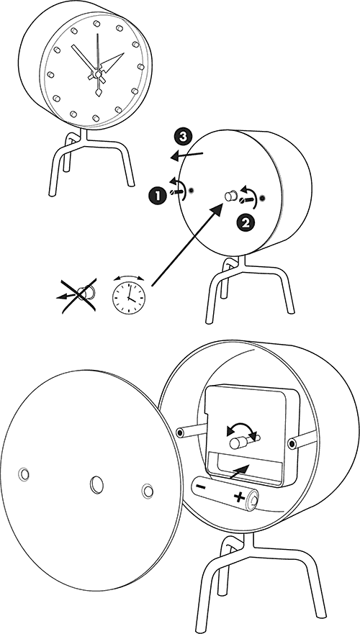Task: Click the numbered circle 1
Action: pyautogui.click(x=158, y=196)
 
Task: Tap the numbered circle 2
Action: pyautogui.click(x=245, y=222)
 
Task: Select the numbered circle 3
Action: pyautogui.click(x=183, y=137)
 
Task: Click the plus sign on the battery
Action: pyautogui.click(x=239, y=496)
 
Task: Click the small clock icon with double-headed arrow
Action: pyautogui.click(x=129, y=295)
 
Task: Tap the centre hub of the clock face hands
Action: pyautogui.click(x=97, y=74)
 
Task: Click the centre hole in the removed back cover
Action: pyautogui.click(x=96, y=484)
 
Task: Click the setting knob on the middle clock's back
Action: pyautogui.click(x=230, y=196)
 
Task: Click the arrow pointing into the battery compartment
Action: pyautogui.click(x=240, y=471)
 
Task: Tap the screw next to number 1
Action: pyautogui.click(x=176, y=191)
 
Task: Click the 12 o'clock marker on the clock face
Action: pyautogui.click(x=96, y=24)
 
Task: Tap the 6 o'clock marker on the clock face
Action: pyautogui.click(x=96, y=118)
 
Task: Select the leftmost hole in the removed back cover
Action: pyautogui.click(x=24, y=474)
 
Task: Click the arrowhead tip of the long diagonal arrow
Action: pyautogui.click(x=223, y=204)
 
